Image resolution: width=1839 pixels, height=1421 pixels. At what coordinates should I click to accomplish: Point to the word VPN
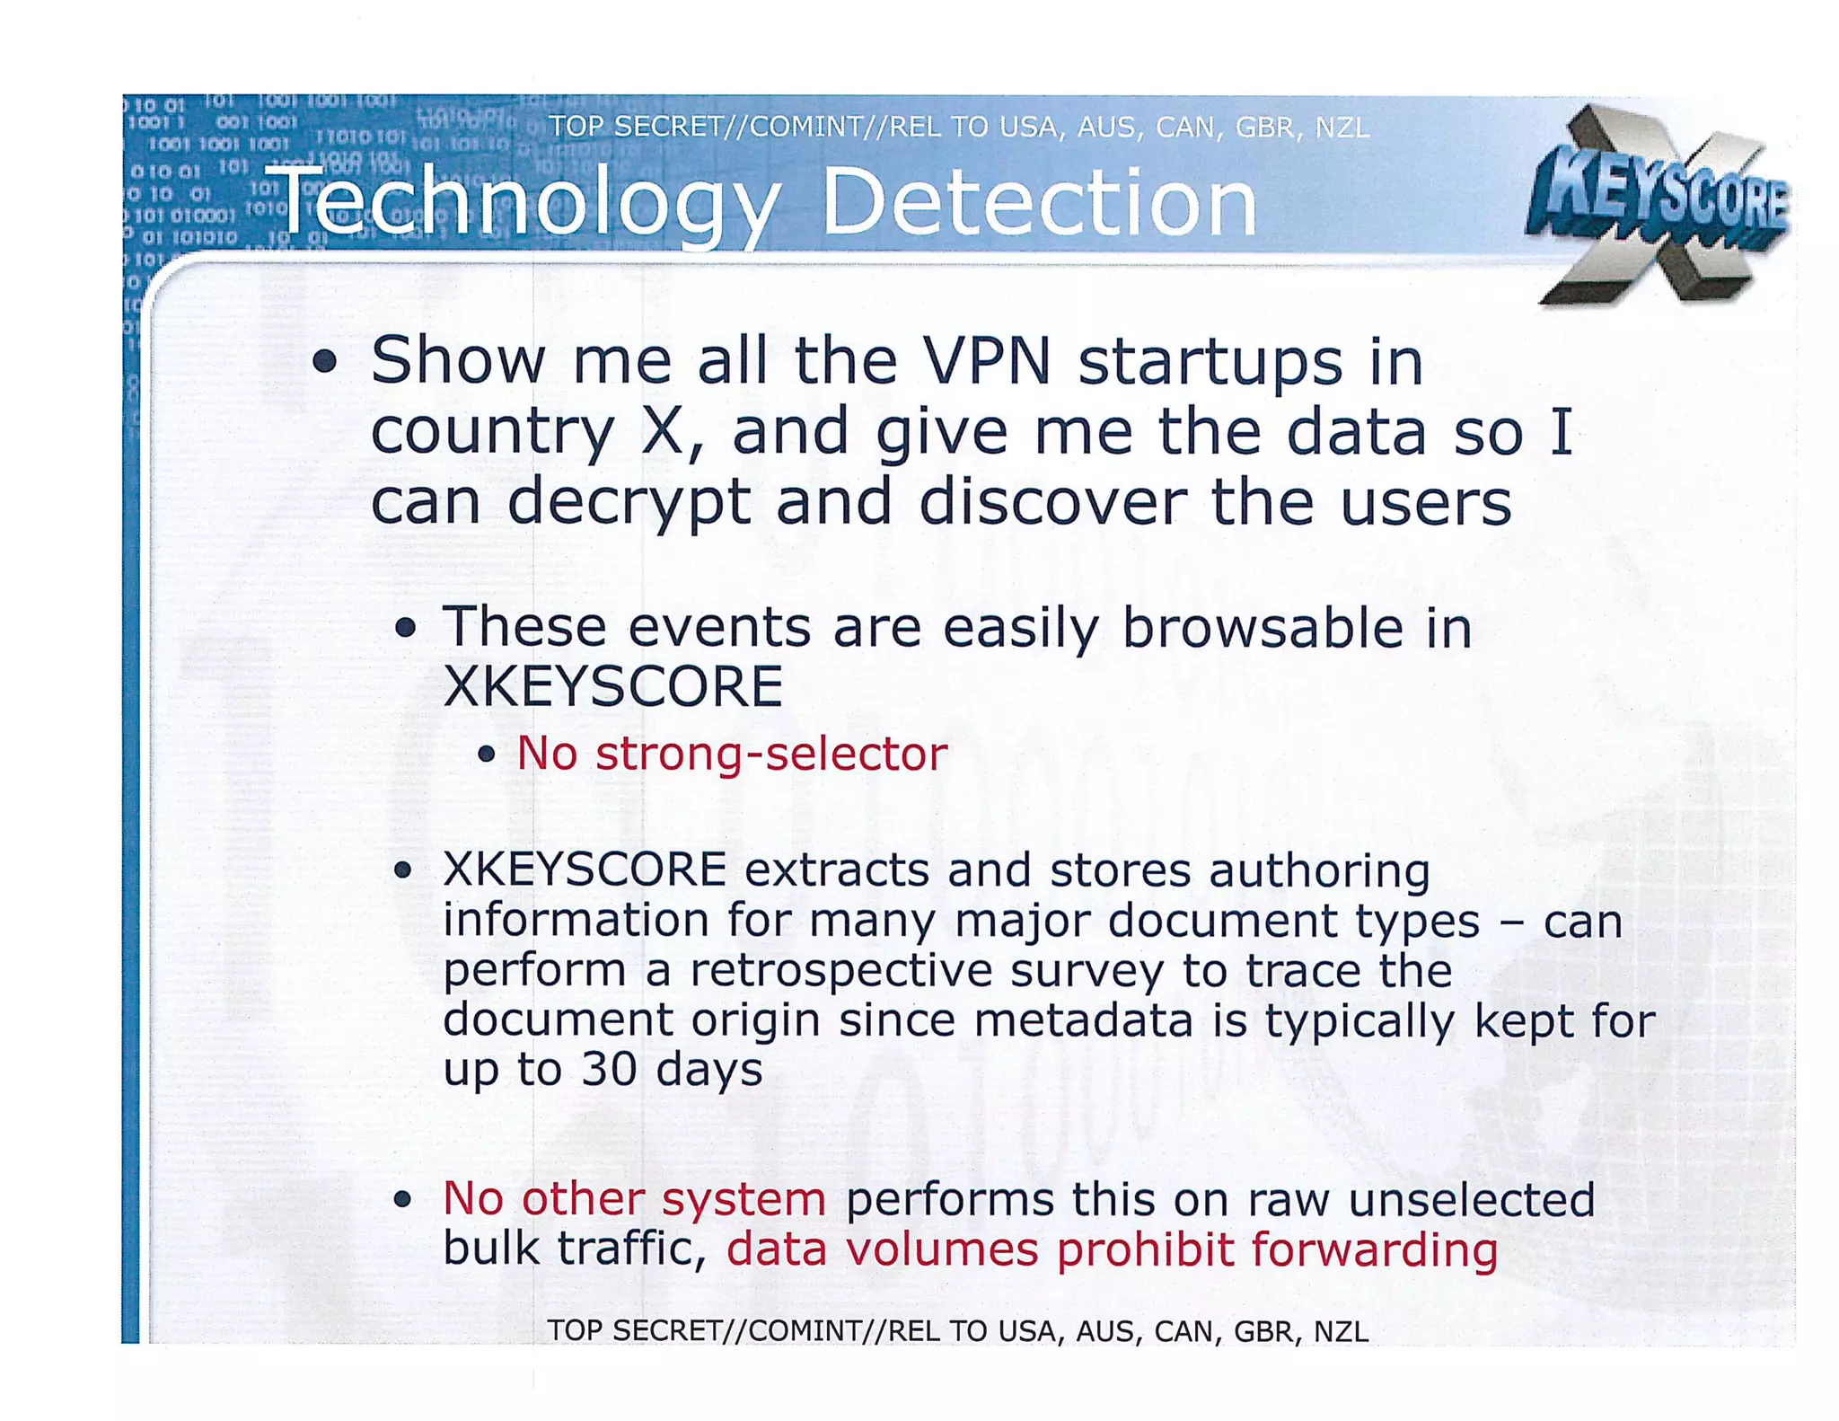[987, 361]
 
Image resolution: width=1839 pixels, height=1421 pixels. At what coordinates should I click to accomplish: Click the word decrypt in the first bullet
[629, 503]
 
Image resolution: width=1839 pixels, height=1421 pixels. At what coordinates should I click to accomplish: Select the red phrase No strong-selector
[731, 753]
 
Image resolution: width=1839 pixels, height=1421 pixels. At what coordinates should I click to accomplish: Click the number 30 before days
[609, 1069]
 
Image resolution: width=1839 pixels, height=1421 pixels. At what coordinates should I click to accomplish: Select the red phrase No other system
[634, 1199]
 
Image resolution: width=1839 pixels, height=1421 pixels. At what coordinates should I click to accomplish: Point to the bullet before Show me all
[325, 362]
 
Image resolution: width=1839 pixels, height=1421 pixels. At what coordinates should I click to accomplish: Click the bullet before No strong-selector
[487, 754]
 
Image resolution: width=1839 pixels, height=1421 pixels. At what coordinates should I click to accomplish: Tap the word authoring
[1319, 871]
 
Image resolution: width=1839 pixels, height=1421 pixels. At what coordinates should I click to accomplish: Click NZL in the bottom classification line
[1341, 1330]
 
